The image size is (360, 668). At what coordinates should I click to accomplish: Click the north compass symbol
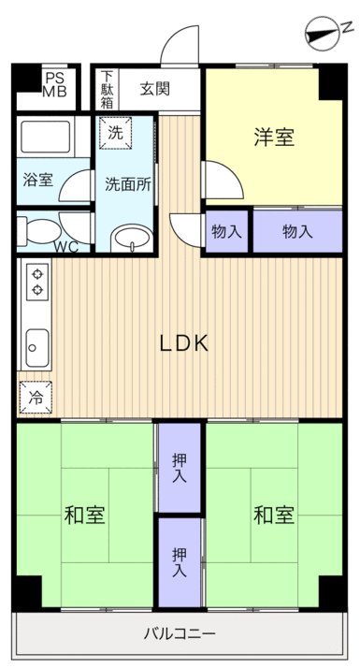(x=324, y=34)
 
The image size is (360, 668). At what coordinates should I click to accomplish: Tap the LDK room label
(x=184, y=343)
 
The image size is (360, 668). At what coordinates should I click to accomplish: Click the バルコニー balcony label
(x=180, y=634)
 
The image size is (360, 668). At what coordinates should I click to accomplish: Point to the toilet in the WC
(x=37, y=231)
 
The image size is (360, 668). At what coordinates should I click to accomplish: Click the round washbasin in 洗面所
(x=132, y=239)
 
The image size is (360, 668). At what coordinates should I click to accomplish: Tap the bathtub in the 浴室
(x=46, y=137)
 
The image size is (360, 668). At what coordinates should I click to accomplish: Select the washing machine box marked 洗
(x=115, y=133)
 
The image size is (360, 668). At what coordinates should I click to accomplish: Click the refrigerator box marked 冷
(x=36, y=398)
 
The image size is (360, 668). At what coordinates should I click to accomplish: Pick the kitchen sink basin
(x=37, y=348)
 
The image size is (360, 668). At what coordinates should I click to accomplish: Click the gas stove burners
(x=37, y=282)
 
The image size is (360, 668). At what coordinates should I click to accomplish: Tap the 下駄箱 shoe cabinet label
(x=107, y=89)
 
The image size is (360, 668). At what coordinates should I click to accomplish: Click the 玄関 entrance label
(x=155, y=89)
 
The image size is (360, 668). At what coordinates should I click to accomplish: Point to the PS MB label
(x=54, y=85)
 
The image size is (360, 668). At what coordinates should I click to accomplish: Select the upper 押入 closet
(x=180, y=468)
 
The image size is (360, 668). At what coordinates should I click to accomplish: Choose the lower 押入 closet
(x=180, y=562)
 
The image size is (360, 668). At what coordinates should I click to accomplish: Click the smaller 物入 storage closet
(x=226, y=231)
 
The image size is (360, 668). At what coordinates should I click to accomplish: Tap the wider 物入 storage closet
(x=297, y=231)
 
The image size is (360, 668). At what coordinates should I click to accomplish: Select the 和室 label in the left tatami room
(x=84, y=516)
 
